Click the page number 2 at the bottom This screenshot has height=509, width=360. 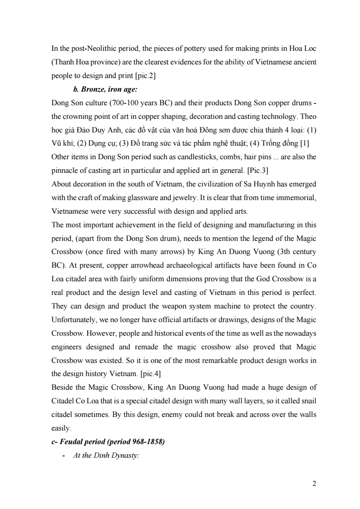[x=314, y=483]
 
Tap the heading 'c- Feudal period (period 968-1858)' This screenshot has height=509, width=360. [x=108, y=441]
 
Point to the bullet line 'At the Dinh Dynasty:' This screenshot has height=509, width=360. [x=105, y=455]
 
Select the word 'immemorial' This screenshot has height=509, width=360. [x=297, y=198]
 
